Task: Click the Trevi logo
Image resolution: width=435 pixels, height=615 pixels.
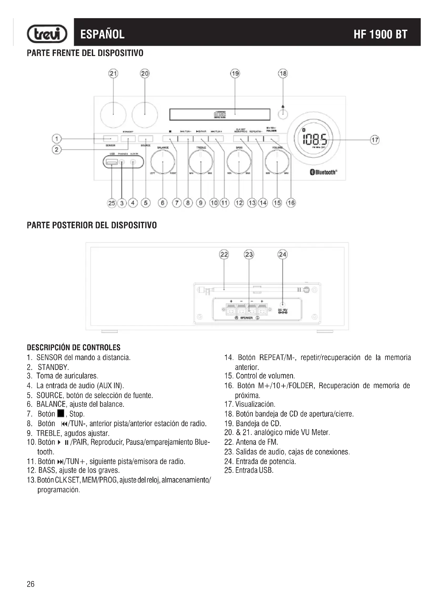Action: [47, 34]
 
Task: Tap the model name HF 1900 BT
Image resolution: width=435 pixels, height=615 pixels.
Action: [380, 34]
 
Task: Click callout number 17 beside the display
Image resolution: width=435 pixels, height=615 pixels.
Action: [375, 140]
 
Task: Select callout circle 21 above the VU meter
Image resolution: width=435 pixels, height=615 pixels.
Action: [113, 73]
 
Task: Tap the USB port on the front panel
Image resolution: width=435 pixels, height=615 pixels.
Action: [112, 162]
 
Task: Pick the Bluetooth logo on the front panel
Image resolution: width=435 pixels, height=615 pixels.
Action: [323, 172]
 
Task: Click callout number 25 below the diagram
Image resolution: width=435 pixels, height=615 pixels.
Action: [112, 203]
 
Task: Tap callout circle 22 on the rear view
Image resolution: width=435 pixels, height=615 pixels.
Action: [224, 254]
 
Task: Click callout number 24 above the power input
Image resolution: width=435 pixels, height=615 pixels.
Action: [282, 254]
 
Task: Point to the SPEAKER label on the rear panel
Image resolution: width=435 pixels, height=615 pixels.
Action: [246, 318]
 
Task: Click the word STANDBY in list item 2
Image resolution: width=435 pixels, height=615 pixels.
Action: [53, 367]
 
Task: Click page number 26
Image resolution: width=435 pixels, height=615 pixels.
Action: [31, 584]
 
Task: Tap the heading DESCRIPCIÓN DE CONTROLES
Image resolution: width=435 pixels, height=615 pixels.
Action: [74, 348]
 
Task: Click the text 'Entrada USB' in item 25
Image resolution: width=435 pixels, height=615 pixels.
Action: [254, 470]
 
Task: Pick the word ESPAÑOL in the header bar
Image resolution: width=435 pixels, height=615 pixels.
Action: [102, 34]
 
